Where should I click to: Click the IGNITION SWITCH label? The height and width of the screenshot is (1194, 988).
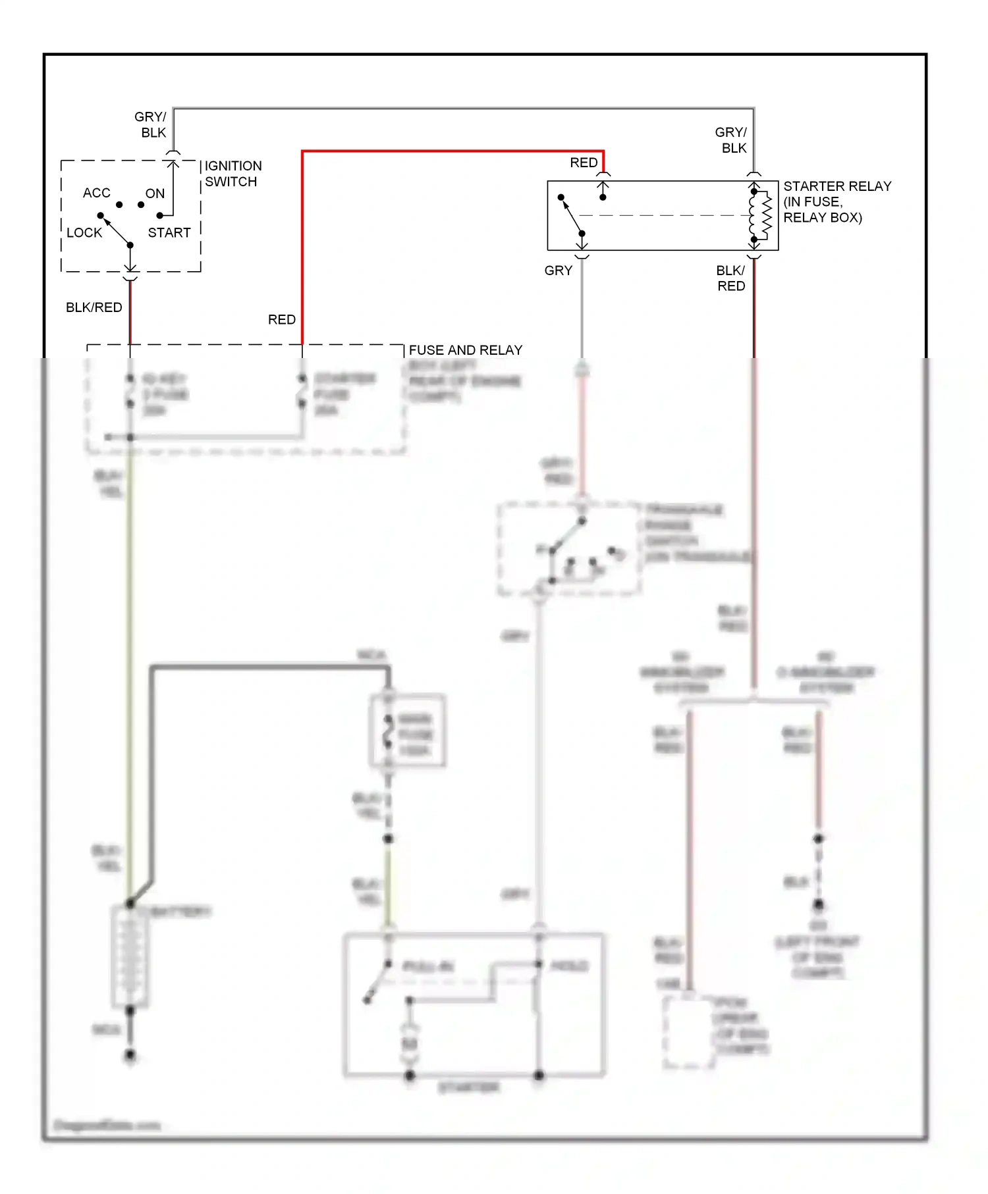click(x=233, y=174)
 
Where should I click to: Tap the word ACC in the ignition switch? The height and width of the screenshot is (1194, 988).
click(x=96, y=193)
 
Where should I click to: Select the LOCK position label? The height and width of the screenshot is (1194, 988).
click(x=84, y=233)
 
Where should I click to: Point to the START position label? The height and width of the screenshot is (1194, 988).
click(x=169, y=233)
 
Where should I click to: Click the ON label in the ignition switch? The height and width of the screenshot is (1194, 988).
click(x=155, y=194)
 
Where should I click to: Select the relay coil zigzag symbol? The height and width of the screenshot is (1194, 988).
click(x=765, y=215)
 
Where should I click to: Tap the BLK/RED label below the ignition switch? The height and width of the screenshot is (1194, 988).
click(x=94, y=307)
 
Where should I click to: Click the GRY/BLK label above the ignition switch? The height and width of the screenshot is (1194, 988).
click(x=151, y=124)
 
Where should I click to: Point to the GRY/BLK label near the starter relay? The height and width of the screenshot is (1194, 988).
click(x=732, y=140)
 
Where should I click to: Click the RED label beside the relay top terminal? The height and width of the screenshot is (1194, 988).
click(x=584, y=163)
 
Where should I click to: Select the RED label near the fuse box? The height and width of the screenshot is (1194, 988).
click(x=281, y=319)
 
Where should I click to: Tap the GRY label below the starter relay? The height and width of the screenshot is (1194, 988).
click(x=558, y=271)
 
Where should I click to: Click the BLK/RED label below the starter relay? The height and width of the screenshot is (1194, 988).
click(x=731, y=278)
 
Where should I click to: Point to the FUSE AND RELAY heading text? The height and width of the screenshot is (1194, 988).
click(x=465, y=350)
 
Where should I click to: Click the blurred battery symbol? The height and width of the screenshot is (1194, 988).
click(x=130, y=955)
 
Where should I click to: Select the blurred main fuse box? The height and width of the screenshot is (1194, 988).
click(x=407, y=731)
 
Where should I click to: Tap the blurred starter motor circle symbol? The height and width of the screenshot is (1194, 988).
click(x=409, y=1044)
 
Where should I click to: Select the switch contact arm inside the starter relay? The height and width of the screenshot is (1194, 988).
click(x=572, y=215)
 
